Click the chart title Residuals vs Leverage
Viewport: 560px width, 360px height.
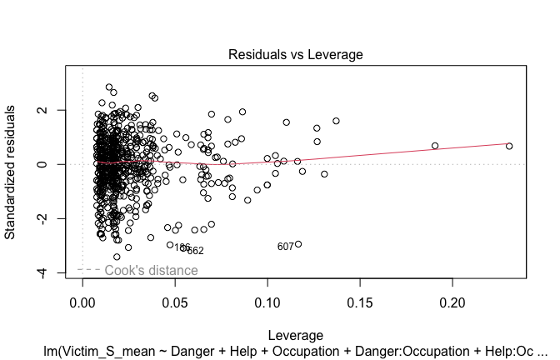tap(295, 55)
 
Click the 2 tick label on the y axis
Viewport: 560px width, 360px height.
tap(52, 110)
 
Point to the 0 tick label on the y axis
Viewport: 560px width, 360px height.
tap(52, 164)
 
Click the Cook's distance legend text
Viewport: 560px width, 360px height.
tap(151, 270)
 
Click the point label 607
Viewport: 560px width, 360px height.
tap(286, 247)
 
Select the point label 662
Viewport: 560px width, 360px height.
tap(196, 251)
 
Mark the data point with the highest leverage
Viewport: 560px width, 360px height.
tap(509, 146)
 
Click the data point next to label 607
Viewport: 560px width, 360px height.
tap(298, 244)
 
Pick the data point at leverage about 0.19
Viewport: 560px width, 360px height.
tap(435, 146)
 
